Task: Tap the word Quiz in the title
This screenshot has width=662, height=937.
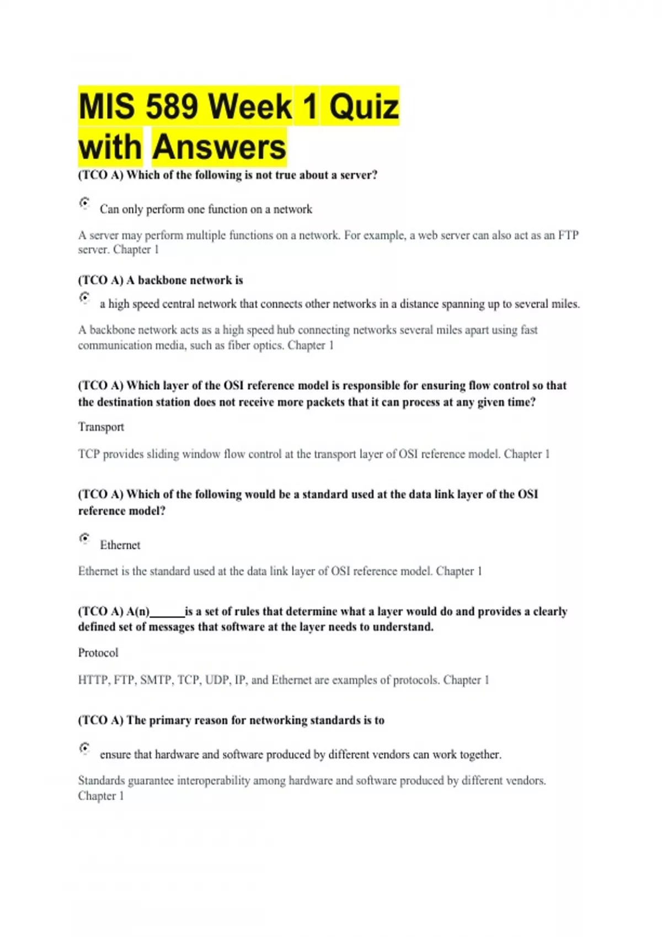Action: [364, 106]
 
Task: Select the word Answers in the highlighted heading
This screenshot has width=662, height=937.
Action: [219, 147]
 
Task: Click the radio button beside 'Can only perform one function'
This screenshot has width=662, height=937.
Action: [84, 203]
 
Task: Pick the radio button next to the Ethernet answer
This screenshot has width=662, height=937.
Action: [84, 538]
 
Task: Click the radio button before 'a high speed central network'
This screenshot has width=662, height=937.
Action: [84, 298]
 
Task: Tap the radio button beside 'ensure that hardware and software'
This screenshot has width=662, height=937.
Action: [84, 748]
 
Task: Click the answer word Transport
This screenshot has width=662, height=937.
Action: [101, 427]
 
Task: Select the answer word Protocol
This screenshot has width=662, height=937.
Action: [98, 653]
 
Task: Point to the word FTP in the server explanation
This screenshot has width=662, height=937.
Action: [568, 235]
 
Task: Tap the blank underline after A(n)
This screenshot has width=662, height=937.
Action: [167, 612]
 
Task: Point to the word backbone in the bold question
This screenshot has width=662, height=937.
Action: [162, 280]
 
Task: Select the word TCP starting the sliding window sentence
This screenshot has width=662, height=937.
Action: [88, 454]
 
